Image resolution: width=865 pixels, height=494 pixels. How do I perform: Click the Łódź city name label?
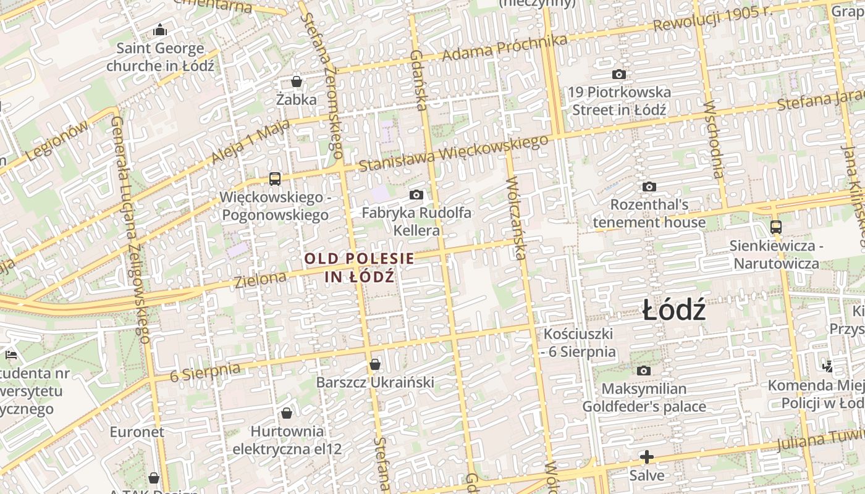point(673,309)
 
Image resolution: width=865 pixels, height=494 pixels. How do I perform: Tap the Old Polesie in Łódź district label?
point(360,267)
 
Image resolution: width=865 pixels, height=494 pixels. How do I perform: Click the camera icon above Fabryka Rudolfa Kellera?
point(416,195)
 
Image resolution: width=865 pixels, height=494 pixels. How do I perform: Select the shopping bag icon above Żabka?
point(297,82)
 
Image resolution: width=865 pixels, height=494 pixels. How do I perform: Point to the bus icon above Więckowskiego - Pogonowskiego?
point(275,179)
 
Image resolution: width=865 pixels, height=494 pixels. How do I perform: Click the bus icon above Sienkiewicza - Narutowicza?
point(776,227)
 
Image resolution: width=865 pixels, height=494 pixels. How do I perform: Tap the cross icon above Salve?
point(647,457)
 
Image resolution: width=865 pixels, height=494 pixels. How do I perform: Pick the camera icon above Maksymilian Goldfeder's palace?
point(644,371)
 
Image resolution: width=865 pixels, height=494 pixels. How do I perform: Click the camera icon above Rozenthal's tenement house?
point(649,186)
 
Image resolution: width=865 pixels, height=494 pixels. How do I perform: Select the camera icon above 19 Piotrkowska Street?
point(618,74)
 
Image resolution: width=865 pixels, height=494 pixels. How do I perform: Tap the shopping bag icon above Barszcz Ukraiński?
point(375,364)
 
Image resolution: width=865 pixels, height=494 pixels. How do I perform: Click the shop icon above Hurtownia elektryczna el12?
point(287,412)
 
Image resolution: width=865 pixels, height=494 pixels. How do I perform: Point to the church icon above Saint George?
point(160,30)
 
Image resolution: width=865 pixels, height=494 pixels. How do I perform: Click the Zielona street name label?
point(261,279)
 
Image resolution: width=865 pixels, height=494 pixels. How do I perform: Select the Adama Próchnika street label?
point(505,48)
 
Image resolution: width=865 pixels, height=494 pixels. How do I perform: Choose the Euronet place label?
point(137,432)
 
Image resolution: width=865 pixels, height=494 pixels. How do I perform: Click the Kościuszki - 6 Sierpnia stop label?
point(579,343)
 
